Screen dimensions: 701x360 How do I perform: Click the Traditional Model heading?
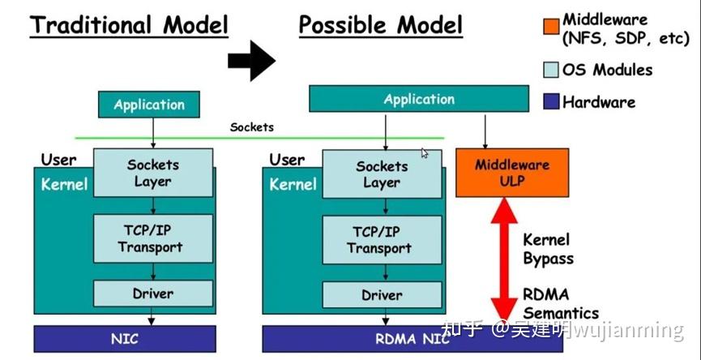click(x=129, y=25)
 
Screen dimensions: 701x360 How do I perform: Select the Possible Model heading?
click(x=380, y=24)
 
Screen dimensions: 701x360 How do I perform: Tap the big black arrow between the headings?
click(x=252, y=60)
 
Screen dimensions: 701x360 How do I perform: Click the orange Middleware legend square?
click(x=551, y=26)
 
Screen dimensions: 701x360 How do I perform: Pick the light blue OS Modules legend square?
click(x=551, y=69)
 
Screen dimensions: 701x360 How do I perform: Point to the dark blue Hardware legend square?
click(x=551, y=101)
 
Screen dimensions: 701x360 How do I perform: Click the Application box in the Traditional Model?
click(x=149, y=105)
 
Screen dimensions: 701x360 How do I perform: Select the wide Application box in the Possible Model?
click(x=419, y=99)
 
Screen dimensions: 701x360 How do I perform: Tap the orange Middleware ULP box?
click(x=512, y=173)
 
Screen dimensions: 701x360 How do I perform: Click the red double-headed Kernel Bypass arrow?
click(x=504, y=259)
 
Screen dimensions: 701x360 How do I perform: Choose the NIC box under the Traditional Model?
click(x=125, y=339)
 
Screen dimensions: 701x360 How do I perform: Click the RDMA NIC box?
click(x=412, y=339)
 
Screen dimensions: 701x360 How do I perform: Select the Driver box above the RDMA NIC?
click(x=382, y=294)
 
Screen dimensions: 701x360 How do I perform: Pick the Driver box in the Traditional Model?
click(x=153, y=294)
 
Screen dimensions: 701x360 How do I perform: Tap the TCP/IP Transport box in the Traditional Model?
click(x=153, y=238)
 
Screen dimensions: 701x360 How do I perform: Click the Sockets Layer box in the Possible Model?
click(x=382, y=174)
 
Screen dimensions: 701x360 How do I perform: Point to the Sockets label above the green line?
click(x=252, y=127)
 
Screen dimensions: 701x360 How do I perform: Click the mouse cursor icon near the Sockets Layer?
click(x=425, y=153)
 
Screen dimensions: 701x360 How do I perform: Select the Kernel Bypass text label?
click(x=548, y=249)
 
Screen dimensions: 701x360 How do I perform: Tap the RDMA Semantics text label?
click(x=561, y=303)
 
